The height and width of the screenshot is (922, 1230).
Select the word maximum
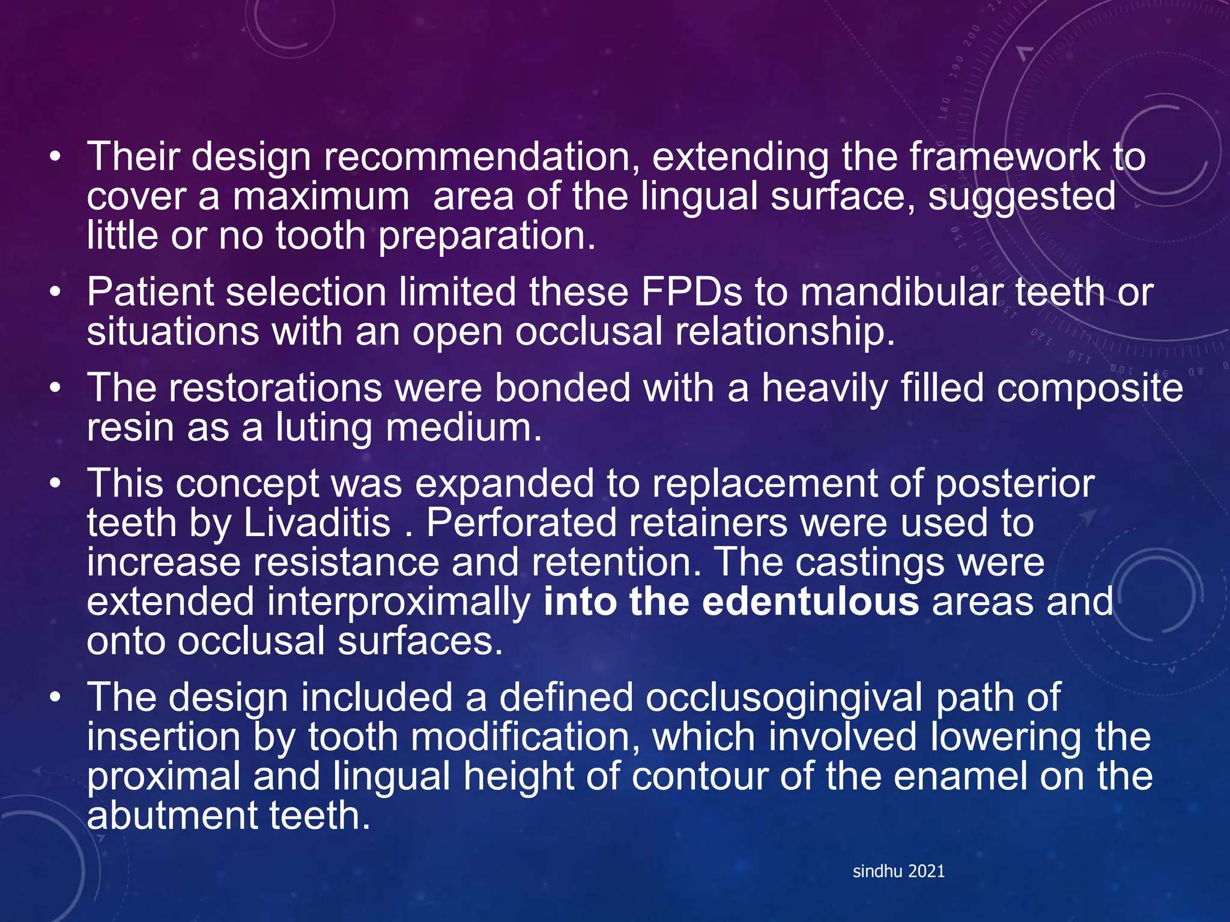pyautogui.click(x=321, y=197)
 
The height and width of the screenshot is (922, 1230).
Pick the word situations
pyautogui.click(x=173, y=332)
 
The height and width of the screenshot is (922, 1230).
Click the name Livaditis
pyautogui.click(x=317, y=523)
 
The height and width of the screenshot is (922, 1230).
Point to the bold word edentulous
pyautogui.click(x=810, y=602)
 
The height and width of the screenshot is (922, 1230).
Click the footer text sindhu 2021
pyautogui.click(x=898, y=872)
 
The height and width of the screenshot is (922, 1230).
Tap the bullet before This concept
pyautogui.click(x=56, y=484)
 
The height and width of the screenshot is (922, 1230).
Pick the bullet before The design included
pyautogui.click(x=56, y=698)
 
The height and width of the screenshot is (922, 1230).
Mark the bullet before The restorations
pyautogui.click(x=56, y=388)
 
